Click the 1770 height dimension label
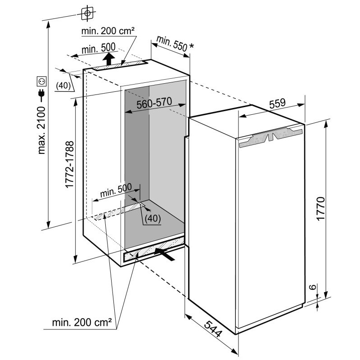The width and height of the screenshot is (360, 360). coord(320,208)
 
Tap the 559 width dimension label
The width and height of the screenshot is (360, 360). coord(277,103)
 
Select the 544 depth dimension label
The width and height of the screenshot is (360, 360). coord(213,329)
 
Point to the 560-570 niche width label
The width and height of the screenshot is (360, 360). coord(154,103)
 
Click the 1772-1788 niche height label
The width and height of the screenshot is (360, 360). coord(69,164)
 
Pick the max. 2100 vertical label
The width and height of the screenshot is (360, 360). coord(41,130)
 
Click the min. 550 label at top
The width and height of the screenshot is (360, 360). coord(172,43)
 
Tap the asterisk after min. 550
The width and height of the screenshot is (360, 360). coord(191,46)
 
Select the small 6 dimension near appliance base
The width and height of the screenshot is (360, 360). coord(312,287)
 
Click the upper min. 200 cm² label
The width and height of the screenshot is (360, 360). coord(108,31)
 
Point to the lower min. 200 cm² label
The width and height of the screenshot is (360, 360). coord(82,322)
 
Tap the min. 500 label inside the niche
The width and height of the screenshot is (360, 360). coord(116,190)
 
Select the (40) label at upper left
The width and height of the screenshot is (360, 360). coord(63,85)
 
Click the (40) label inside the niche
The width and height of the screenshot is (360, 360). coord(153,218)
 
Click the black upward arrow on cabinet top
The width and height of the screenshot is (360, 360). coord(108,59)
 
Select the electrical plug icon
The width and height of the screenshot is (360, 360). coord(41,94)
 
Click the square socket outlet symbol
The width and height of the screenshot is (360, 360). coord(41,81)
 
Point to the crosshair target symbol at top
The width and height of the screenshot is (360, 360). coord(87,13)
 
